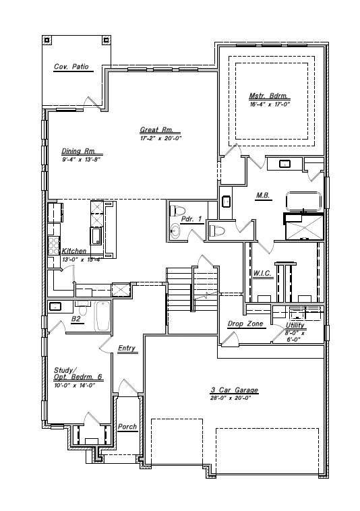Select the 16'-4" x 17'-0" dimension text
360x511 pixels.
pos(270,104)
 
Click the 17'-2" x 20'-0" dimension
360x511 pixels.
pos(160,138)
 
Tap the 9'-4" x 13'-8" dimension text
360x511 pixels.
pos(81,160)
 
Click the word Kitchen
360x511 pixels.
pos(74,251)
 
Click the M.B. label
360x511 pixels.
pos(263,196)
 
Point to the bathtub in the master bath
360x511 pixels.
pos(304,202)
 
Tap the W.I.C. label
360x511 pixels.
pos(262,273)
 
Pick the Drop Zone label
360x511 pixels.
pos(245,324)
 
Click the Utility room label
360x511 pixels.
pos(295,325)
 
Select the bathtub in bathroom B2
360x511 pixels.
pos(102,316)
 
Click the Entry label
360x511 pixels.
pos(127,349)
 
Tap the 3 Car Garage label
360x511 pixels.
pos(234,390)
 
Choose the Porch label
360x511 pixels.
pos(127,427)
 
